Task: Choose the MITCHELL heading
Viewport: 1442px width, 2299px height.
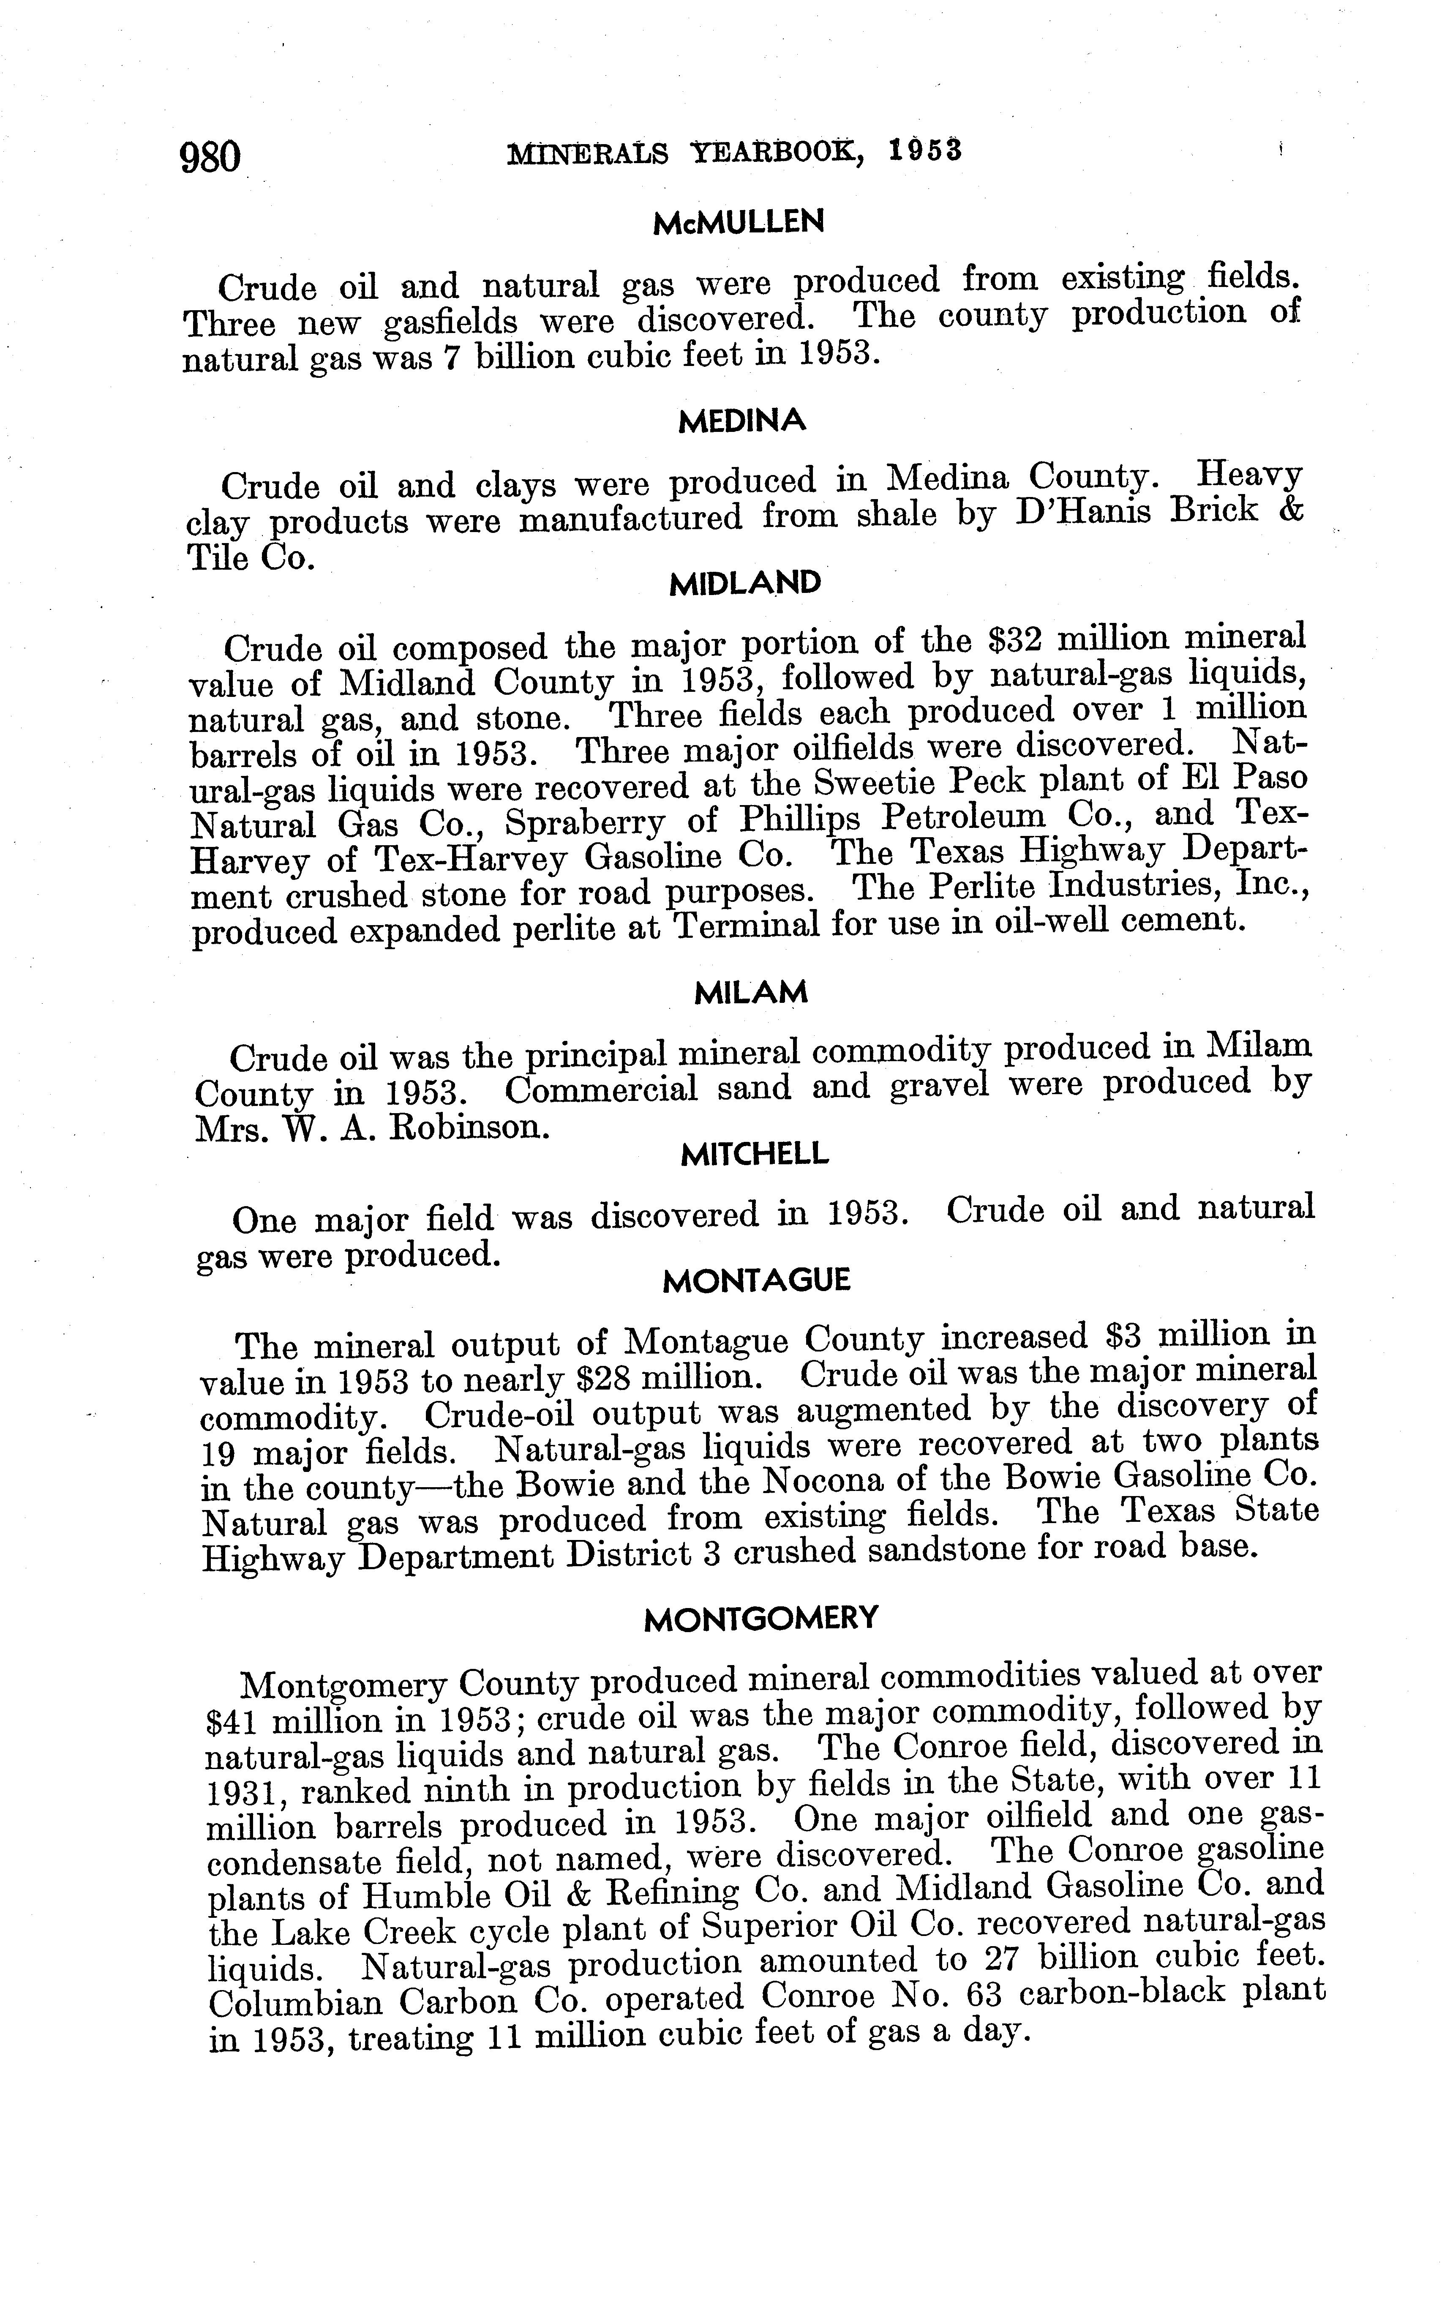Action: point(755,1155)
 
